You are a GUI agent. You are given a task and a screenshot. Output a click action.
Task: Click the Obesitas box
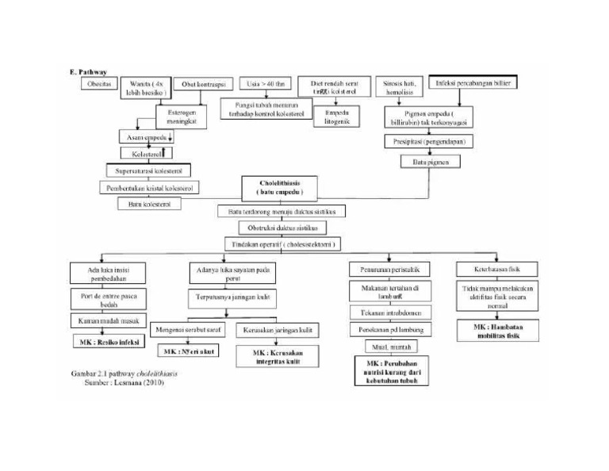[x=99, y=83]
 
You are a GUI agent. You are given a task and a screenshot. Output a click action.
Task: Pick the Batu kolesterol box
[x=149, y=204]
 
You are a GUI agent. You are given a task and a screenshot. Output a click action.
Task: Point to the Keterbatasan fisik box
[x=497, y=269]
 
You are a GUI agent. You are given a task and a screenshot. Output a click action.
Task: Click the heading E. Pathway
[x=88, y=71]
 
